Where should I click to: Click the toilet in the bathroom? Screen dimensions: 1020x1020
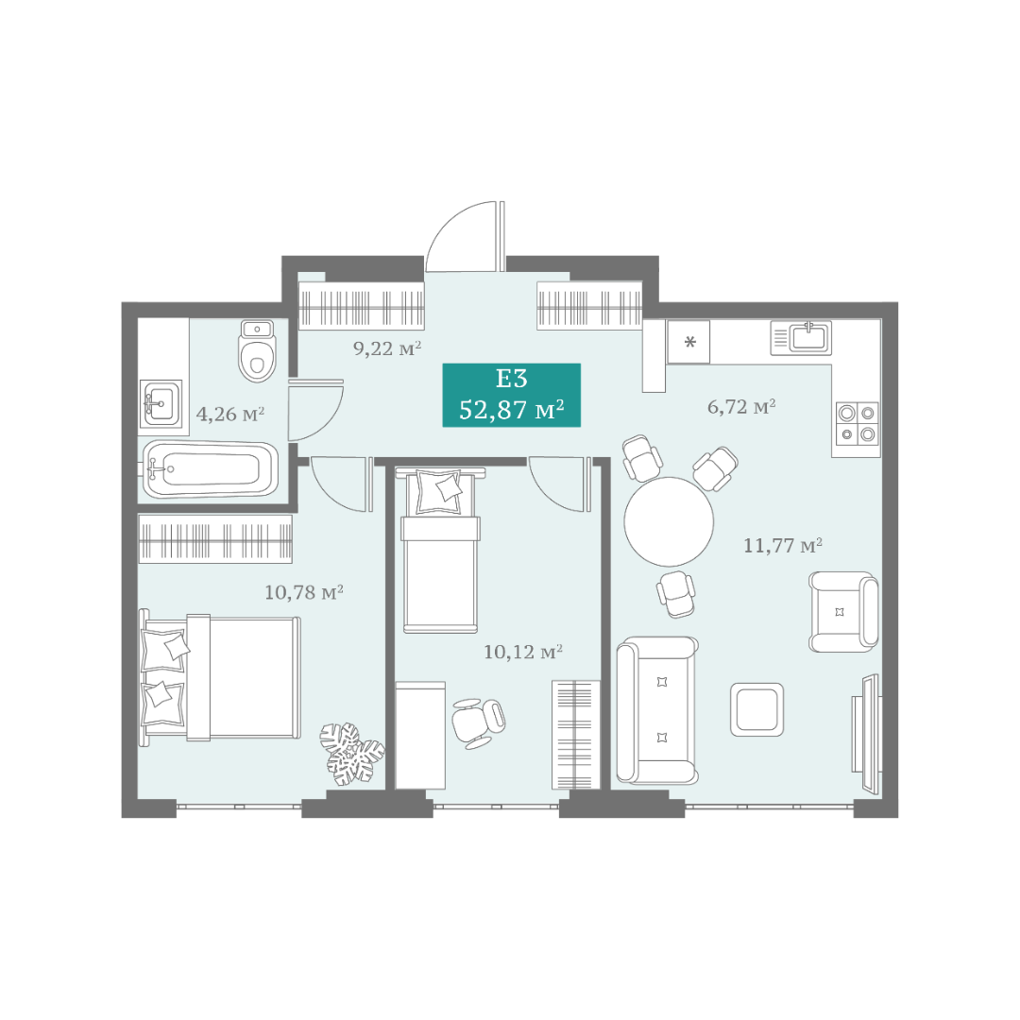pos(258,350)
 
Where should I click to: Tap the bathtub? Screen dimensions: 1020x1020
pos(210,469)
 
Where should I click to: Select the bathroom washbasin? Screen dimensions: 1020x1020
pos(161,404)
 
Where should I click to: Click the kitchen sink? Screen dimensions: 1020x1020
pos(801,337)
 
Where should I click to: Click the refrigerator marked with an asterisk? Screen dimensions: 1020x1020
pos(688,342)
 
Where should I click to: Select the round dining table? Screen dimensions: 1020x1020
pos(669,521)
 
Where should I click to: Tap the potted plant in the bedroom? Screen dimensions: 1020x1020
pos(352,754)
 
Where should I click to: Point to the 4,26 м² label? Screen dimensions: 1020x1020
pos(230,415)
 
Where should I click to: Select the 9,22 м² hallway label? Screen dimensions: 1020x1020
pos(387,348)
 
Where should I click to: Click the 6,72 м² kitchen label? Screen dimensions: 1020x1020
pos(741,407)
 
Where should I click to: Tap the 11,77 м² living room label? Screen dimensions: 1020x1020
pos(783,545)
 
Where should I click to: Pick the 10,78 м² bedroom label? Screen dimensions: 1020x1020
pos(304,592)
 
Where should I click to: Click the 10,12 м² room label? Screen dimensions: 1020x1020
pos(523,652)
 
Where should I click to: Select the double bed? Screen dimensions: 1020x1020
pos(220,677)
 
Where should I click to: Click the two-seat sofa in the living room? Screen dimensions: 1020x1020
pos(657,709)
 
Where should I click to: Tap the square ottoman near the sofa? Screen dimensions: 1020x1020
pos(756,709)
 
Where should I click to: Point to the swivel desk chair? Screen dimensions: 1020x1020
pos(478,722)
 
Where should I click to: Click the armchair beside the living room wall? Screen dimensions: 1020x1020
pos(843,611)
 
